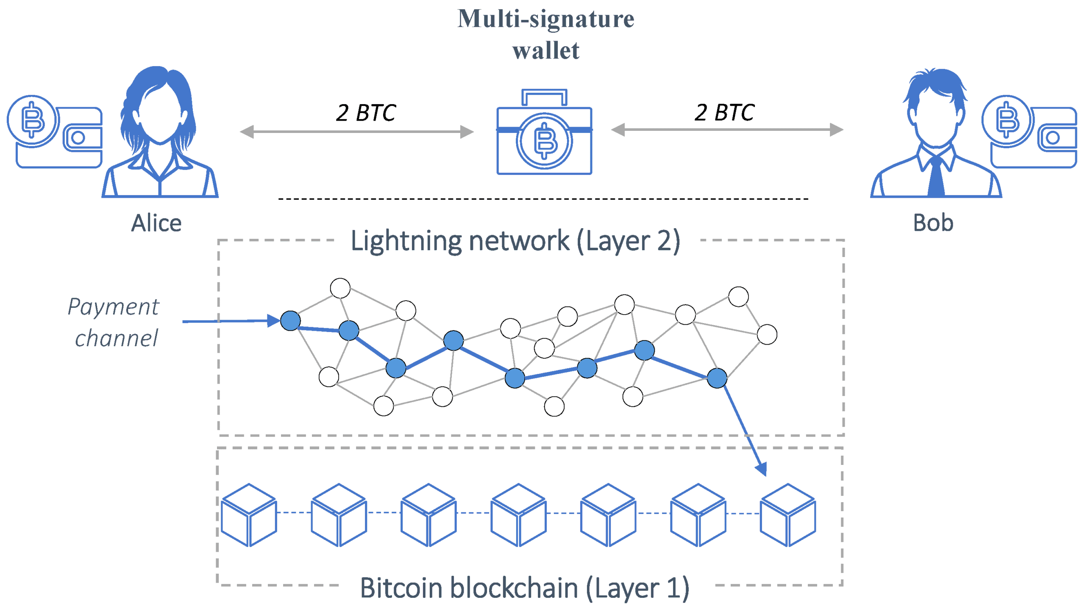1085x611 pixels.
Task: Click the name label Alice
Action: (156, 223)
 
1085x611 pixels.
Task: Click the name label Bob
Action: (932, 223)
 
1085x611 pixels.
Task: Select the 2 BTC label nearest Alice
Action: (366, 113)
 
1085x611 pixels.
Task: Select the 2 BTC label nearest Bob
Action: (724, 113)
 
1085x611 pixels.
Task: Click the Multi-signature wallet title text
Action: (545, 35)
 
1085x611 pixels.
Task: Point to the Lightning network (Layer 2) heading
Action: (515, 241)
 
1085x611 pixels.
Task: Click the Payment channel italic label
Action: (114, 322)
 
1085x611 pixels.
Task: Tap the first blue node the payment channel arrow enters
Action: (290, 321)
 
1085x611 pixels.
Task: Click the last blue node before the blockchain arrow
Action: (717, 378)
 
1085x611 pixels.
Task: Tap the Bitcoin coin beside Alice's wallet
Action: (33, 121)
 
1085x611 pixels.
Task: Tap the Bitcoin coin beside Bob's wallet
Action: (1007, 121)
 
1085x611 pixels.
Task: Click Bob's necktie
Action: (936, 178)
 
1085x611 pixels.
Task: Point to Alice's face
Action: (160, 114)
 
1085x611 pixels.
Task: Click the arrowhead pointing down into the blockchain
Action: (762, 468)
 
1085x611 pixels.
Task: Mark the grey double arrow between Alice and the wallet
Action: (356, 132)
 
